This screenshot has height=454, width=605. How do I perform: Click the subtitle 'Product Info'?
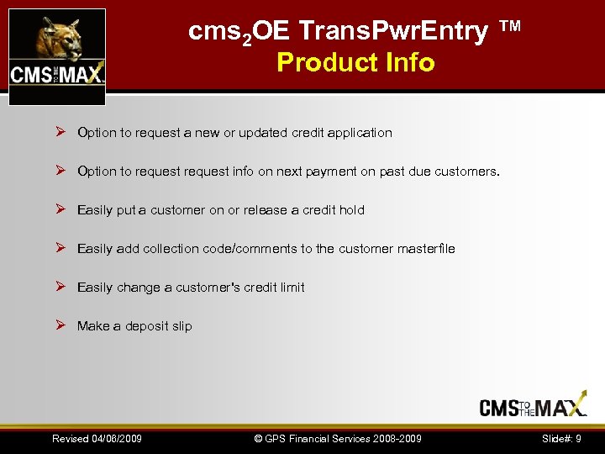[355, 63]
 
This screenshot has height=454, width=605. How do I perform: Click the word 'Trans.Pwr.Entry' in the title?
[393, 32]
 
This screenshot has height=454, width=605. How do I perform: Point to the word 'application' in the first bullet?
[360, 133]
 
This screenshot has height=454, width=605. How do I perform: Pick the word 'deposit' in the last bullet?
[148, 326]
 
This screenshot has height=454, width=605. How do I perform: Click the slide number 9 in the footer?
[578, 439]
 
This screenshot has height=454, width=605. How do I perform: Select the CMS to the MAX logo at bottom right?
[533, 406]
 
